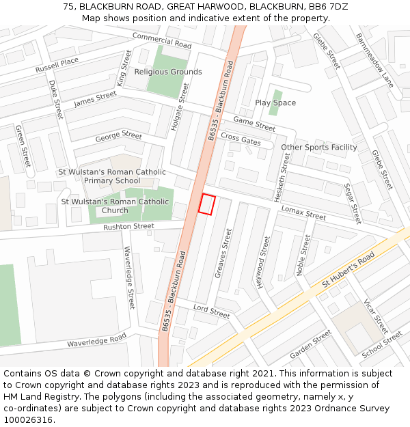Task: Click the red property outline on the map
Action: coord(206,204)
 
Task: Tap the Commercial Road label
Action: coord(162,40)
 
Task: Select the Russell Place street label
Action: coord(57,66)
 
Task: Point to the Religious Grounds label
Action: coord(168,72)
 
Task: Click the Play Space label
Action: coord(275,102)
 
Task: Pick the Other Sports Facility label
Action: coord(319,147)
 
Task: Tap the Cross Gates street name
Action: coord(241,139)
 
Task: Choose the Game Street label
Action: coord(254,124)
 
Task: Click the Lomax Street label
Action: coord(303,213)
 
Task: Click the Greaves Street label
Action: coord(223,253)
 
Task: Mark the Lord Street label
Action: coord(211,312)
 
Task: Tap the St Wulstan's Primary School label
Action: coord(112,176)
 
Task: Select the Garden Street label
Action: coord(310,344)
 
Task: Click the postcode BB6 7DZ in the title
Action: coord(329,6)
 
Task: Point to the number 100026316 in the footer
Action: coord(27,419)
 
